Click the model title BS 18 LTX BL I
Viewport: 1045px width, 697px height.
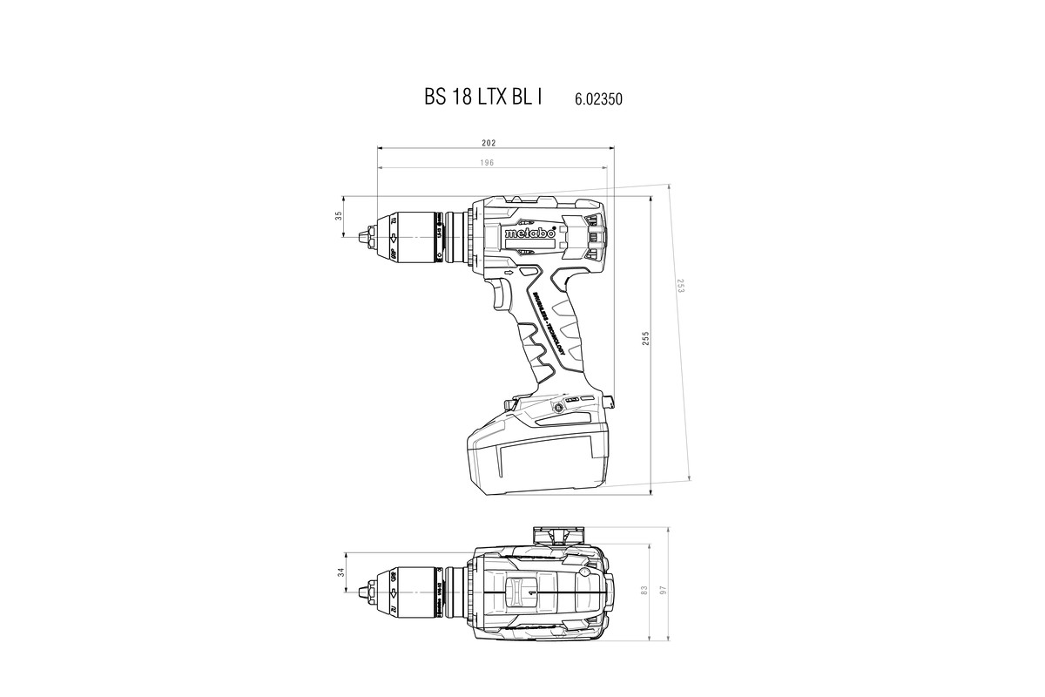(x=482, y=98)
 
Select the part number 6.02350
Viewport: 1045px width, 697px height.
(x=598, y=99)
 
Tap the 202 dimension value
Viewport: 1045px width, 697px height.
(x=489, y=142)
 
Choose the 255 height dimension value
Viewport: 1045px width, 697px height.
(x=645, y=340)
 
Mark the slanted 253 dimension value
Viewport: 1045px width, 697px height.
(x=680, y=285)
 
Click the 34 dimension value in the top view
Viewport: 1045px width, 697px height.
(x=341, y=572)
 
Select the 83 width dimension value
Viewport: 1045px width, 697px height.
(x=644, y=590)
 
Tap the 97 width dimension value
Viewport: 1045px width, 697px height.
(x=663, y=590)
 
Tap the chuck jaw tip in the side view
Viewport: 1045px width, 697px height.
(x=364, y=234)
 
